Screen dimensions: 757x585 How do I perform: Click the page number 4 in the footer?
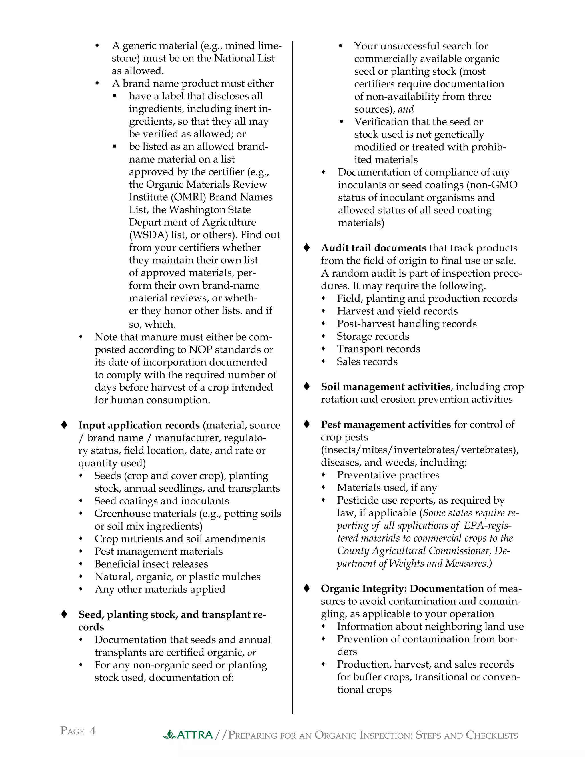click(93, 731)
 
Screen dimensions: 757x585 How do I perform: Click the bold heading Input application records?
click(139, 425)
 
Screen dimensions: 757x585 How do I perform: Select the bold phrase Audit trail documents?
click(374, 248)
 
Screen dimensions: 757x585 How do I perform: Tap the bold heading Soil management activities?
click(385, 386)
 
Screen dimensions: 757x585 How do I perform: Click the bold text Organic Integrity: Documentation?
click(402, 588)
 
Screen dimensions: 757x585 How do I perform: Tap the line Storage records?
click(373, 336)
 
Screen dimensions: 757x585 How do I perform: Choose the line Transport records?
click(378, 349)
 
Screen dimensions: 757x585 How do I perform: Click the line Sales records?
click(367, 362)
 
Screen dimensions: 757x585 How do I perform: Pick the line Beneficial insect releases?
click(151, 564)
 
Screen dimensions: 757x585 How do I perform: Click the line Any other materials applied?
click(160, 589)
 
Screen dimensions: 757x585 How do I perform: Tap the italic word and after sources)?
click(406, 109)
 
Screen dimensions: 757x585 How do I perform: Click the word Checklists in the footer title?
click(492, 735)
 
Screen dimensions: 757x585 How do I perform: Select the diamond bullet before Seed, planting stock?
click(64, 614)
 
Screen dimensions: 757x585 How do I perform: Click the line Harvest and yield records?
click(397, 311)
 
